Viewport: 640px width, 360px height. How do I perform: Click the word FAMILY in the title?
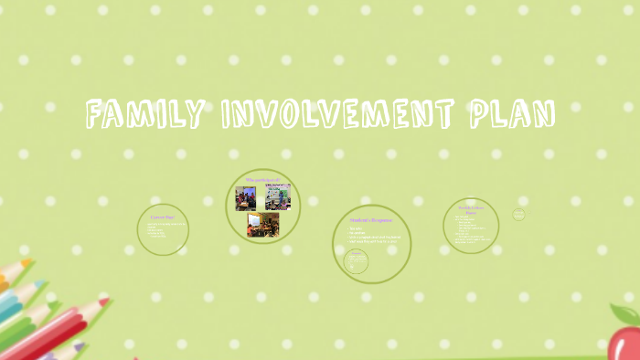(145, 115)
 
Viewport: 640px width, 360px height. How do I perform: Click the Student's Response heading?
(370, 219)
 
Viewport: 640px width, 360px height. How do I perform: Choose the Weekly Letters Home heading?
(471, 209)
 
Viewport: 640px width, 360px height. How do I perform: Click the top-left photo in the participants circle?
(246, 198)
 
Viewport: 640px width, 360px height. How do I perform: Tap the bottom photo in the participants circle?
(263, 224)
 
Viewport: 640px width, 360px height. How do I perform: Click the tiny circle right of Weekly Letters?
(518, 215)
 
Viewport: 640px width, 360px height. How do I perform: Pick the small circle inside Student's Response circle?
(357, 261)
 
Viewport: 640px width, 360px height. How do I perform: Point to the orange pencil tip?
(27, 263)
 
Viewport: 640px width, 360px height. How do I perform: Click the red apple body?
(626, 343)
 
